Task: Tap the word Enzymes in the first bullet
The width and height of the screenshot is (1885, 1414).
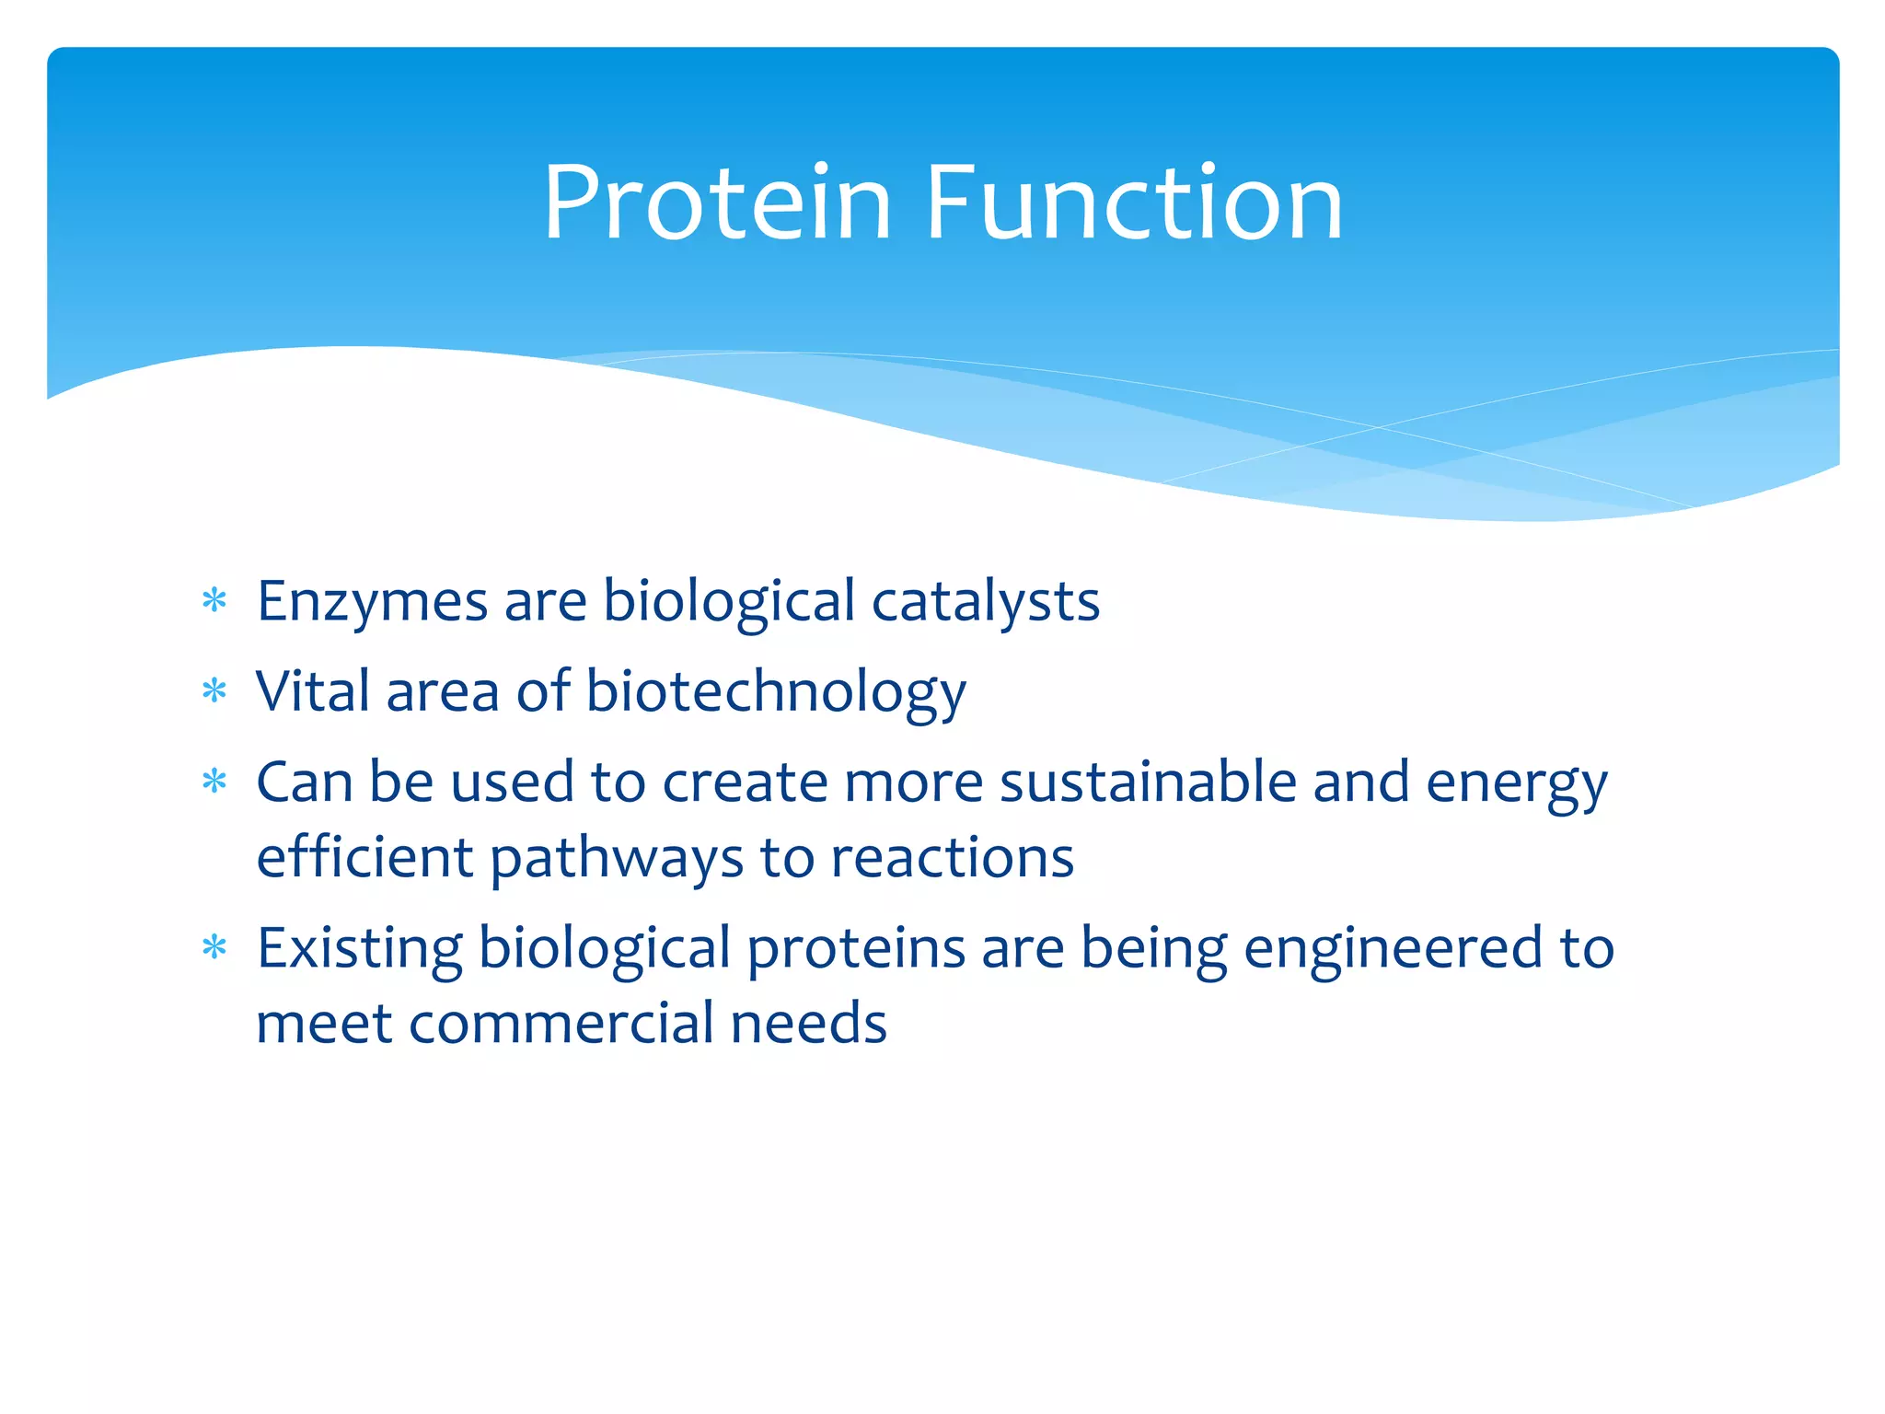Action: click(x=372, y=602)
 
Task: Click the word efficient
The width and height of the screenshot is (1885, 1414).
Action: click(x=364, y=858)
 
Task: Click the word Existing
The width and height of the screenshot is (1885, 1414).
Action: click(x=359, y=949)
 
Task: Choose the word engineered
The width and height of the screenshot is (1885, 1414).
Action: click(x=1393, y=949)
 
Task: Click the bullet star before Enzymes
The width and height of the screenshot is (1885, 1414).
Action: click(x=214, y=602)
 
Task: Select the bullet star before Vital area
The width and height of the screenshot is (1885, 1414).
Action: click(x=214, y=691)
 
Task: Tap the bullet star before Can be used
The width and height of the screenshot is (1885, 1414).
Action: click(x=214, y=782)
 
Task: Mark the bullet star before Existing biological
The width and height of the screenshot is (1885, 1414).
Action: click(x=214, y=947)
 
